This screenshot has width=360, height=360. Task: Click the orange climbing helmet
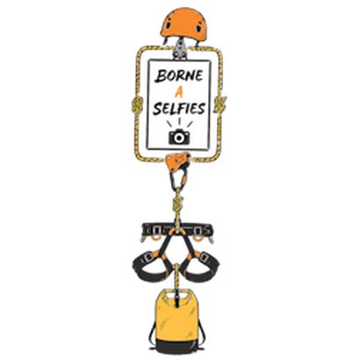click(x=185, y=24)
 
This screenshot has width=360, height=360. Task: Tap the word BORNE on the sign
click(x=179, y=76)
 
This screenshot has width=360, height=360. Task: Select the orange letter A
click(x=179, y=92)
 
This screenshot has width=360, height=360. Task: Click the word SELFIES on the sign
click(x=179, y=109)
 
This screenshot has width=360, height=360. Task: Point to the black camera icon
click(x=179, y=136)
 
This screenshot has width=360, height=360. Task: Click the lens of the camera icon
click(x=179, y=138)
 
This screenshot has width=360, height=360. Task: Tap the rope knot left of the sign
click(x=137, y=105)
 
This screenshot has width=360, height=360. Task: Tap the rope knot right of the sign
click(x=220, y=104)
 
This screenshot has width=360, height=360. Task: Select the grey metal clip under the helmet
click(x=180, y=49)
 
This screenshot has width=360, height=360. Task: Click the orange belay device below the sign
click(x=177, y=162)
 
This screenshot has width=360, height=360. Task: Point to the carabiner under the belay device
click(x=178, y=178)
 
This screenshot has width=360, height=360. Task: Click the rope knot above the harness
click(x=177, y=204)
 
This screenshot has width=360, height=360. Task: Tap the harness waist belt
click(x=177, y=230)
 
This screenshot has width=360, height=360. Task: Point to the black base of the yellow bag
click(x=177, y=346)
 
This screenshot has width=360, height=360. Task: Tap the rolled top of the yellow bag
click(x=177, y=295)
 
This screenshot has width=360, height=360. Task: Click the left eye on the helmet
click(x=169, y=25)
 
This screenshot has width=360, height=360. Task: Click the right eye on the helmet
click(x=199, y=28)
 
